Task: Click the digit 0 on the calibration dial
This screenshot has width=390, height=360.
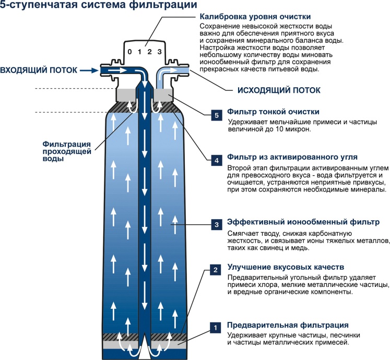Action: [130, 52]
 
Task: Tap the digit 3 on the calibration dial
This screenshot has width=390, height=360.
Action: [159, 52]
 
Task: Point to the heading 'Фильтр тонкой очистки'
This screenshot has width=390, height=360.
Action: [273, 112]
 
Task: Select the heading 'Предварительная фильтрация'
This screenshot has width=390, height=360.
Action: [287, 325]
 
